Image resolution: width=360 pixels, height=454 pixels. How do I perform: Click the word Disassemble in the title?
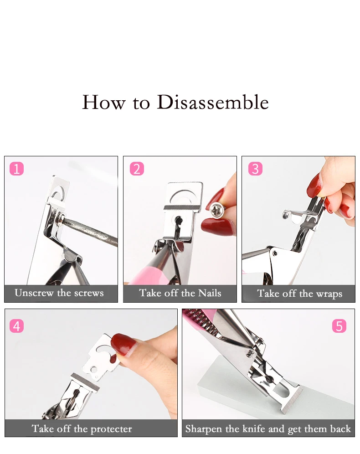(x=213, y=102)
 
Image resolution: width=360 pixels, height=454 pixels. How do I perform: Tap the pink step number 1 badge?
(x=16, y=169)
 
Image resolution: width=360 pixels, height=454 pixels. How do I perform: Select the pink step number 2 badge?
(x=137, y=169)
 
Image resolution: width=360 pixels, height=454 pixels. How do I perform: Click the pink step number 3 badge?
(x=256, y=169)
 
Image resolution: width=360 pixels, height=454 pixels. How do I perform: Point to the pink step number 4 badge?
(x=16, y=326)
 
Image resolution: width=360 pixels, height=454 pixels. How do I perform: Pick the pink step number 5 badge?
(x=339, y=326)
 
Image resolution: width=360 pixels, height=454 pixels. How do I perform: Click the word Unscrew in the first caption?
(x=34, y=293)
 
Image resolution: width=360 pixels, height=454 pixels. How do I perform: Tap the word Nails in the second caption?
(x=210, y=293)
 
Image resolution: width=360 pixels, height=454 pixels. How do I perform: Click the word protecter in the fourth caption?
(x=111, y=429)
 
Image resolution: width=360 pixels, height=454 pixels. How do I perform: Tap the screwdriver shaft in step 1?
(x=90, y=232)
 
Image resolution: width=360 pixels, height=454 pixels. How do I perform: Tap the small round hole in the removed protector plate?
(x=94, y=370)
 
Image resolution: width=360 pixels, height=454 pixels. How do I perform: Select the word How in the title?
(x=104, y=103)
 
